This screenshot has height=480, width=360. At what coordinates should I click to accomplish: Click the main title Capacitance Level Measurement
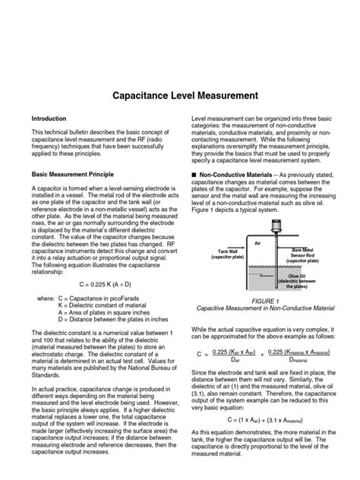[x=180, y=96]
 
